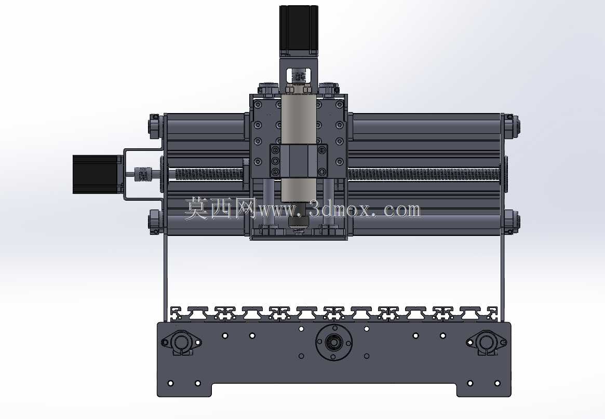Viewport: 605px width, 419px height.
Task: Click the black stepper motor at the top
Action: pos(299,30)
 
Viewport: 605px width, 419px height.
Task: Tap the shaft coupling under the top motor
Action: pos(299,76)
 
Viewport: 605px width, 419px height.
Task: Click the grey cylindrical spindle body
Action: pos(299,146)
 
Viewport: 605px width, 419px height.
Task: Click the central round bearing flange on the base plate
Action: pos(334,342)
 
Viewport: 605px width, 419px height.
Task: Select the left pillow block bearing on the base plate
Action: pos(181,342)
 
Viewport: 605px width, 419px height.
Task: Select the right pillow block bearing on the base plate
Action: pos(486,342)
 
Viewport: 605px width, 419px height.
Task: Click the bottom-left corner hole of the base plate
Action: pos(171,383)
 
